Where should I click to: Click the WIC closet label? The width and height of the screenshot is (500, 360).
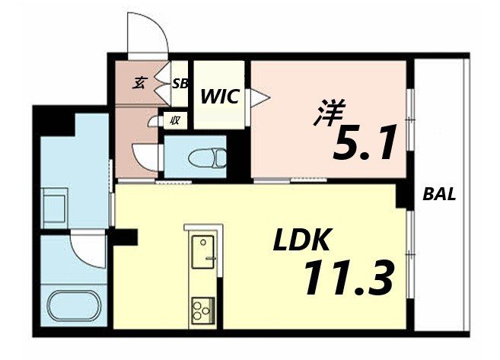point(221,97)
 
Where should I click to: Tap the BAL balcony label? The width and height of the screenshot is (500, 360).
point(439,194)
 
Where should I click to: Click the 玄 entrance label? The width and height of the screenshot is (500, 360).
point(141,83)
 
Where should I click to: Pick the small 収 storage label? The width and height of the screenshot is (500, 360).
point(174,119)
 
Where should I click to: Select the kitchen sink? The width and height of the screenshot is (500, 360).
point(203,250)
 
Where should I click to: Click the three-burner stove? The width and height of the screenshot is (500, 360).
point(203,311)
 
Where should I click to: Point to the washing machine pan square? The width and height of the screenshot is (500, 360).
point(55,206)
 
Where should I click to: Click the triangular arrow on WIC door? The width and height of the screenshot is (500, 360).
point(260,96)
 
